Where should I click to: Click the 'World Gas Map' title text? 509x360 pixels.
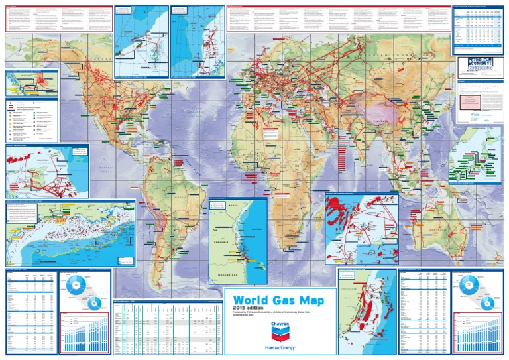[279, 301]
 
